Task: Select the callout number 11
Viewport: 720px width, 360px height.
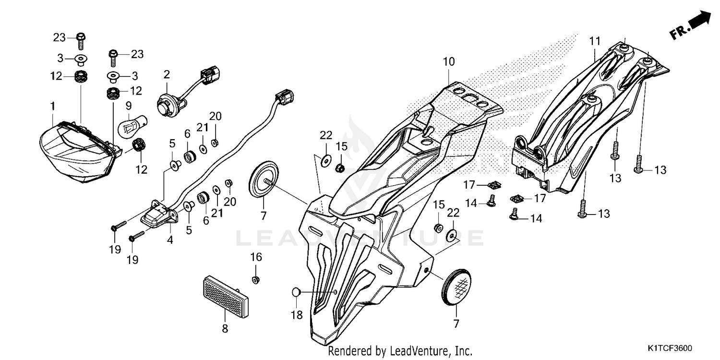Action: click(595, 41)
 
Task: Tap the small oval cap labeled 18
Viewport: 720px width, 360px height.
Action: click(296, 291)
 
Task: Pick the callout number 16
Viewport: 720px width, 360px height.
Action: click(256, 257)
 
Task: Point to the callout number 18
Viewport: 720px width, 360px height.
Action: click(297, 314)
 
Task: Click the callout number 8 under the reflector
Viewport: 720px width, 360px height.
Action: click(225, 329)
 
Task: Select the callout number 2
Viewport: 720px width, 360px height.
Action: click(167, 74)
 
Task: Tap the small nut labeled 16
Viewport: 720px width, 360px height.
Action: click(256, 279)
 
